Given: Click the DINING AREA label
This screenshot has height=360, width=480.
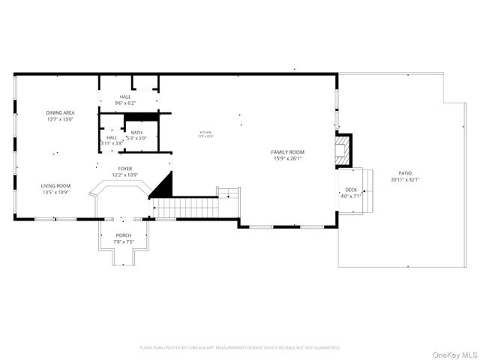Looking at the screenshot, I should point(60,112).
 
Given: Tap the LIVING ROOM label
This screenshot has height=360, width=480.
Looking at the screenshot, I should point(55,185).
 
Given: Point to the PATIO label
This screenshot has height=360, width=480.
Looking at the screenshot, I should point(395,174).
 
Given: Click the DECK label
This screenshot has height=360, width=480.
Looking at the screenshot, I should point(351,190).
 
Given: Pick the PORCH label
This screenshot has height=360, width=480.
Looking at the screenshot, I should point(123,235).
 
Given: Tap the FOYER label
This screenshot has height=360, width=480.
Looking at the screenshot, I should point(125,169).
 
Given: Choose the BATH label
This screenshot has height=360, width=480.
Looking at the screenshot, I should point(136,132).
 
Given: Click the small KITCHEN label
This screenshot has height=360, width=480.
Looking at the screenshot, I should point(205,132).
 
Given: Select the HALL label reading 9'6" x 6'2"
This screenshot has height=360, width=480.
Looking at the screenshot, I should point(125,97).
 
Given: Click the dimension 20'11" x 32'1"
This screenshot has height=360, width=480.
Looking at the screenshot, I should point(395,180).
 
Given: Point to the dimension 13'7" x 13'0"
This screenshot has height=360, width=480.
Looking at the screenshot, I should point(60,118).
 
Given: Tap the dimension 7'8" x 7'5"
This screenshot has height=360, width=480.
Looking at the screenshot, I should point(123,241).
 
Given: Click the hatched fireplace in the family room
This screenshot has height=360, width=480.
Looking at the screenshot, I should point(343,149).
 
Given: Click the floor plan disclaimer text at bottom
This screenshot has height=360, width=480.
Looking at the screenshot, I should point(240,347).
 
